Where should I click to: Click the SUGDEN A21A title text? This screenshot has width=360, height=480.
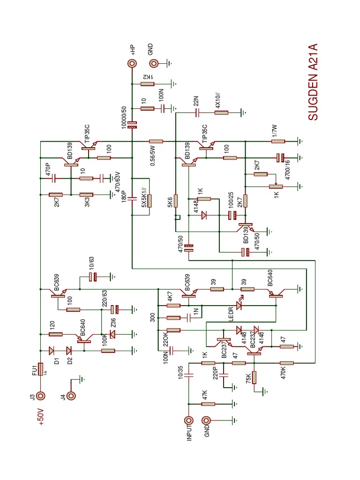click(x=313, y=82)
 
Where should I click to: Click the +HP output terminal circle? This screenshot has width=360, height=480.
click(x=133, y=64)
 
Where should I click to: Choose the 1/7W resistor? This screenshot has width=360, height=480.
click(x=278, y=141)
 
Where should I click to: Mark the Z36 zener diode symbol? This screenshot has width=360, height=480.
click(x=112, y=334)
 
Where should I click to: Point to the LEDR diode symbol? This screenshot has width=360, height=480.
click(x=239, y=305)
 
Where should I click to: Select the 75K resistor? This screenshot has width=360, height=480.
click(x=254, y=377)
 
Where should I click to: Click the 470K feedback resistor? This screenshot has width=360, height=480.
click(x=285, y=363)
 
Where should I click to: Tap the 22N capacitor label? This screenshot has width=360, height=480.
click(x=196, y=101)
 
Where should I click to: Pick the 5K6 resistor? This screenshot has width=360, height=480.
click(x=175, y=201)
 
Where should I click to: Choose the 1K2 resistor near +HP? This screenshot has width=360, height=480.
click(x=148, y=84)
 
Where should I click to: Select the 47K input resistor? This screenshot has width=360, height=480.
click(x=208, y=404)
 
